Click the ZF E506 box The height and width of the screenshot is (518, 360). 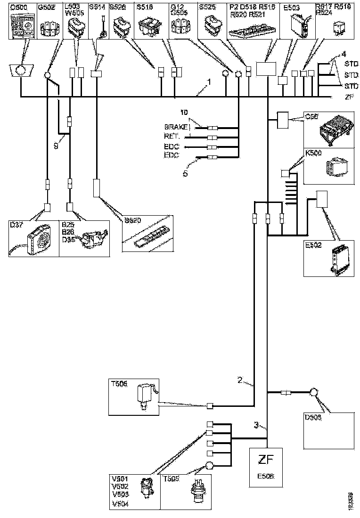tap(265, 466)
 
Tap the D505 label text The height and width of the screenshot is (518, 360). tap(311, 418)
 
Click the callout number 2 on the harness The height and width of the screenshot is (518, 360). tap(240, 380)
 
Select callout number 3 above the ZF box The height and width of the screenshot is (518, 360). tap(256, 425)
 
